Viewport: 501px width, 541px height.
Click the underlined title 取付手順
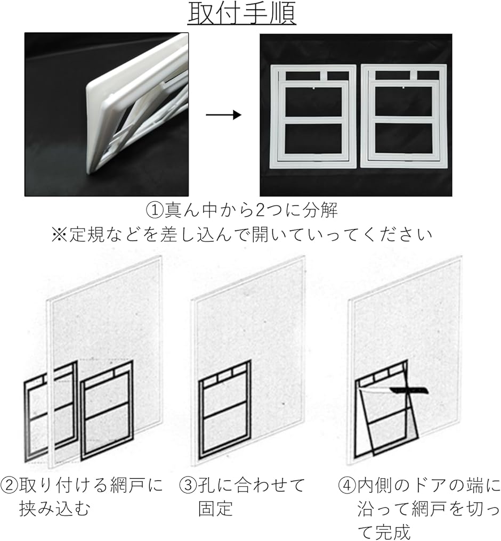point(241,14)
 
